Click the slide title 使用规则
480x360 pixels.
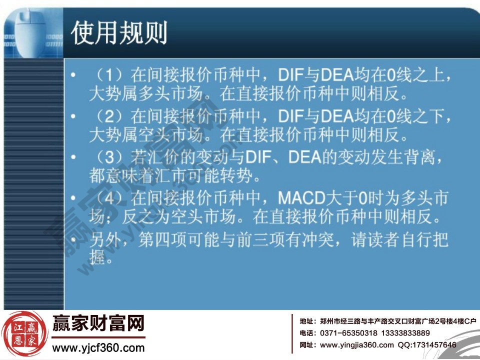119,32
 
